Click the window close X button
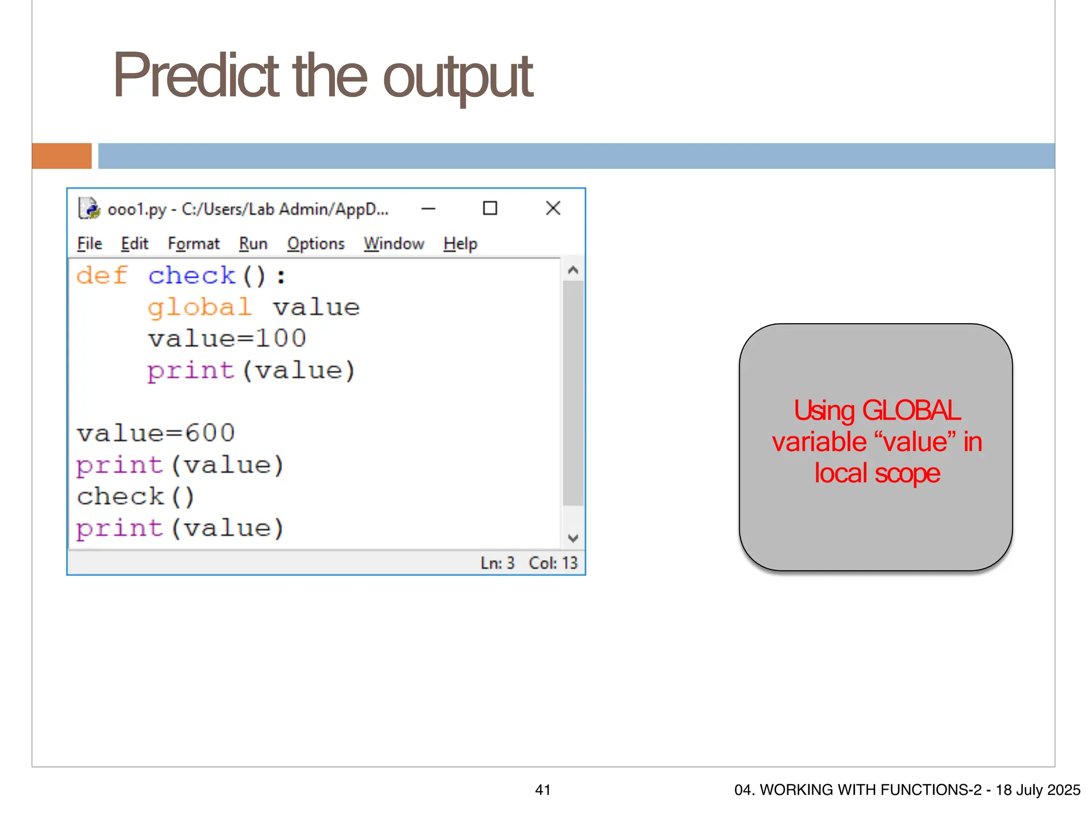[x=553, y=208]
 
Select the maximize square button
[x=490, y=208]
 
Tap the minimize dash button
[x=428, y=209]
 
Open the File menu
[x=89, y=244]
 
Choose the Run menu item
[x=253, y=244]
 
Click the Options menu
[x=316, y=244]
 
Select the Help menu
[x=460, y=244]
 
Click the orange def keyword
[x=102, y=275]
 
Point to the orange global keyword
[x=200, y=307]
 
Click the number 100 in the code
[x=281, y=339]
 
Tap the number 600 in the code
[x=210, y=433]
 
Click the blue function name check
[x=192, y=275]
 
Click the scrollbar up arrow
[x=573, y=270]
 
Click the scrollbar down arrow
[x=573, y=538]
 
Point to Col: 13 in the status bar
[x=553, y=563]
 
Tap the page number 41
[x=542, y=790]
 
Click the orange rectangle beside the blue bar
[x=62, y=156]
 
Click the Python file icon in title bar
[x=89, y=209]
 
